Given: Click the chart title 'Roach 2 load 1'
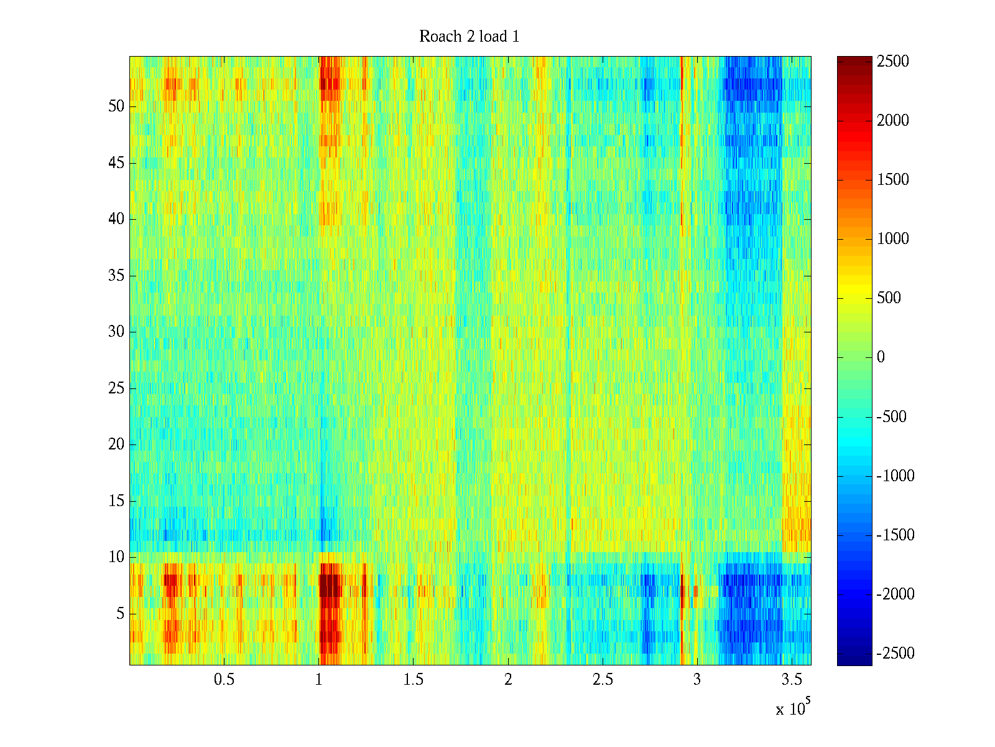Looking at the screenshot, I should [x=470, y=37].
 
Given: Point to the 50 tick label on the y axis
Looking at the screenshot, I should [x=116, y=106].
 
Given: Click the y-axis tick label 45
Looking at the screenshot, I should [x=116, y=163].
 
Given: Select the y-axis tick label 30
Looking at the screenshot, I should [x=116, y=332].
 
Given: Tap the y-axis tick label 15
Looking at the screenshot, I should [x=116, y=501].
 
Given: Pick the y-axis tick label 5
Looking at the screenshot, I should [x=120, y=614].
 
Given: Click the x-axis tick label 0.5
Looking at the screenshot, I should [x=224, y=680].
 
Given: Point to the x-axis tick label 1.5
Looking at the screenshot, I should [x=414, y=680].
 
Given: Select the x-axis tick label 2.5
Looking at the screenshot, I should [x=603, y=680].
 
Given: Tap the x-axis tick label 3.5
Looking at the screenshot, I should [x=792, y=680].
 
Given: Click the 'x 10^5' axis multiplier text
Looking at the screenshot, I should [x=793, y=708].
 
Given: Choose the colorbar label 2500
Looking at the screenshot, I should [x=893, y=62].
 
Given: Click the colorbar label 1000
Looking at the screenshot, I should [x=893, y=239].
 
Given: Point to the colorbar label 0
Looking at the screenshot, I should [x=881, y=357].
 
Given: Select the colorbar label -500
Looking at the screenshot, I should [x=891, y=417].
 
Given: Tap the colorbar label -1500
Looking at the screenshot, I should [x=895, y=535].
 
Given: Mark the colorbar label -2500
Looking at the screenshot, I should [x=895, y=654].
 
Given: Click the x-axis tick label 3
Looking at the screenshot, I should [x=697, y=680].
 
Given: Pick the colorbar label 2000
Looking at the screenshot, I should [x=893, y=121].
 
